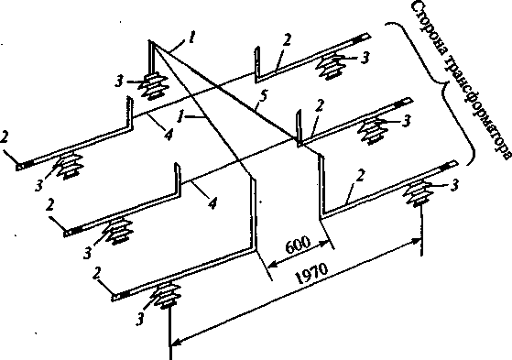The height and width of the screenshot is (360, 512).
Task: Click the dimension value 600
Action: [298, 245]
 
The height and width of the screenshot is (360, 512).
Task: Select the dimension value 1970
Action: [311, 273]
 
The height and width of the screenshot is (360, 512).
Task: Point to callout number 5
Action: [263, 98]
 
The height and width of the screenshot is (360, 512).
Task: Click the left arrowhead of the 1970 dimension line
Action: [176, 343]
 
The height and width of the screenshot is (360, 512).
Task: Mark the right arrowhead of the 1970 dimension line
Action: [417, 241]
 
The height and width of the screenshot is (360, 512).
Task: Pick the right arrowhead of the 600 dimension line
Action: [324, 243]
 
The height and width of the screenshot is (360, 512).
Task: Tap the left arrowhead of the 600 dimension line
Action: [272, 263]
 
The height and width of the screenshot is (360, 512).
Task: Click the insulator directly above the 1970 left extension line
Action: [168, 295]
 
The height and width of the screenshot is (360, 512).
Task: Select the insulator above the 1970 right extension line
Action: [419, 193]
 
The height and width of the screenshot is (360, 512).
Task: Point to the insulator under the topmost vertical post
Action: [154, 85]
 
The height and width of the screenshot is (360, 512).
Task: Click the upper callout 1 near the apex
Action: [192, 38]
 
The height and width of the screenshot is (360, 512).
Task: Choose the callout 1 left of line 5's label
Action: [180, 117]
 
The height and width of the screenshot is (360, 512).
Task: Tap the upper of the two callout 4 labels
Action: [168, 135]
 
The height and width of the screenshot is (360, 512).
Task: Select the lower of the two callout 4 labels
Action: [212, 204]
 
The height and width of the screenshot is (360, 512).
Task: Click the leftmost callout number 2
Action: [4, 137]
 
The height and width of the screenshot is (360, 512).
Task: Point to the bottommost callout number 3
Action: [140, 319]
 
